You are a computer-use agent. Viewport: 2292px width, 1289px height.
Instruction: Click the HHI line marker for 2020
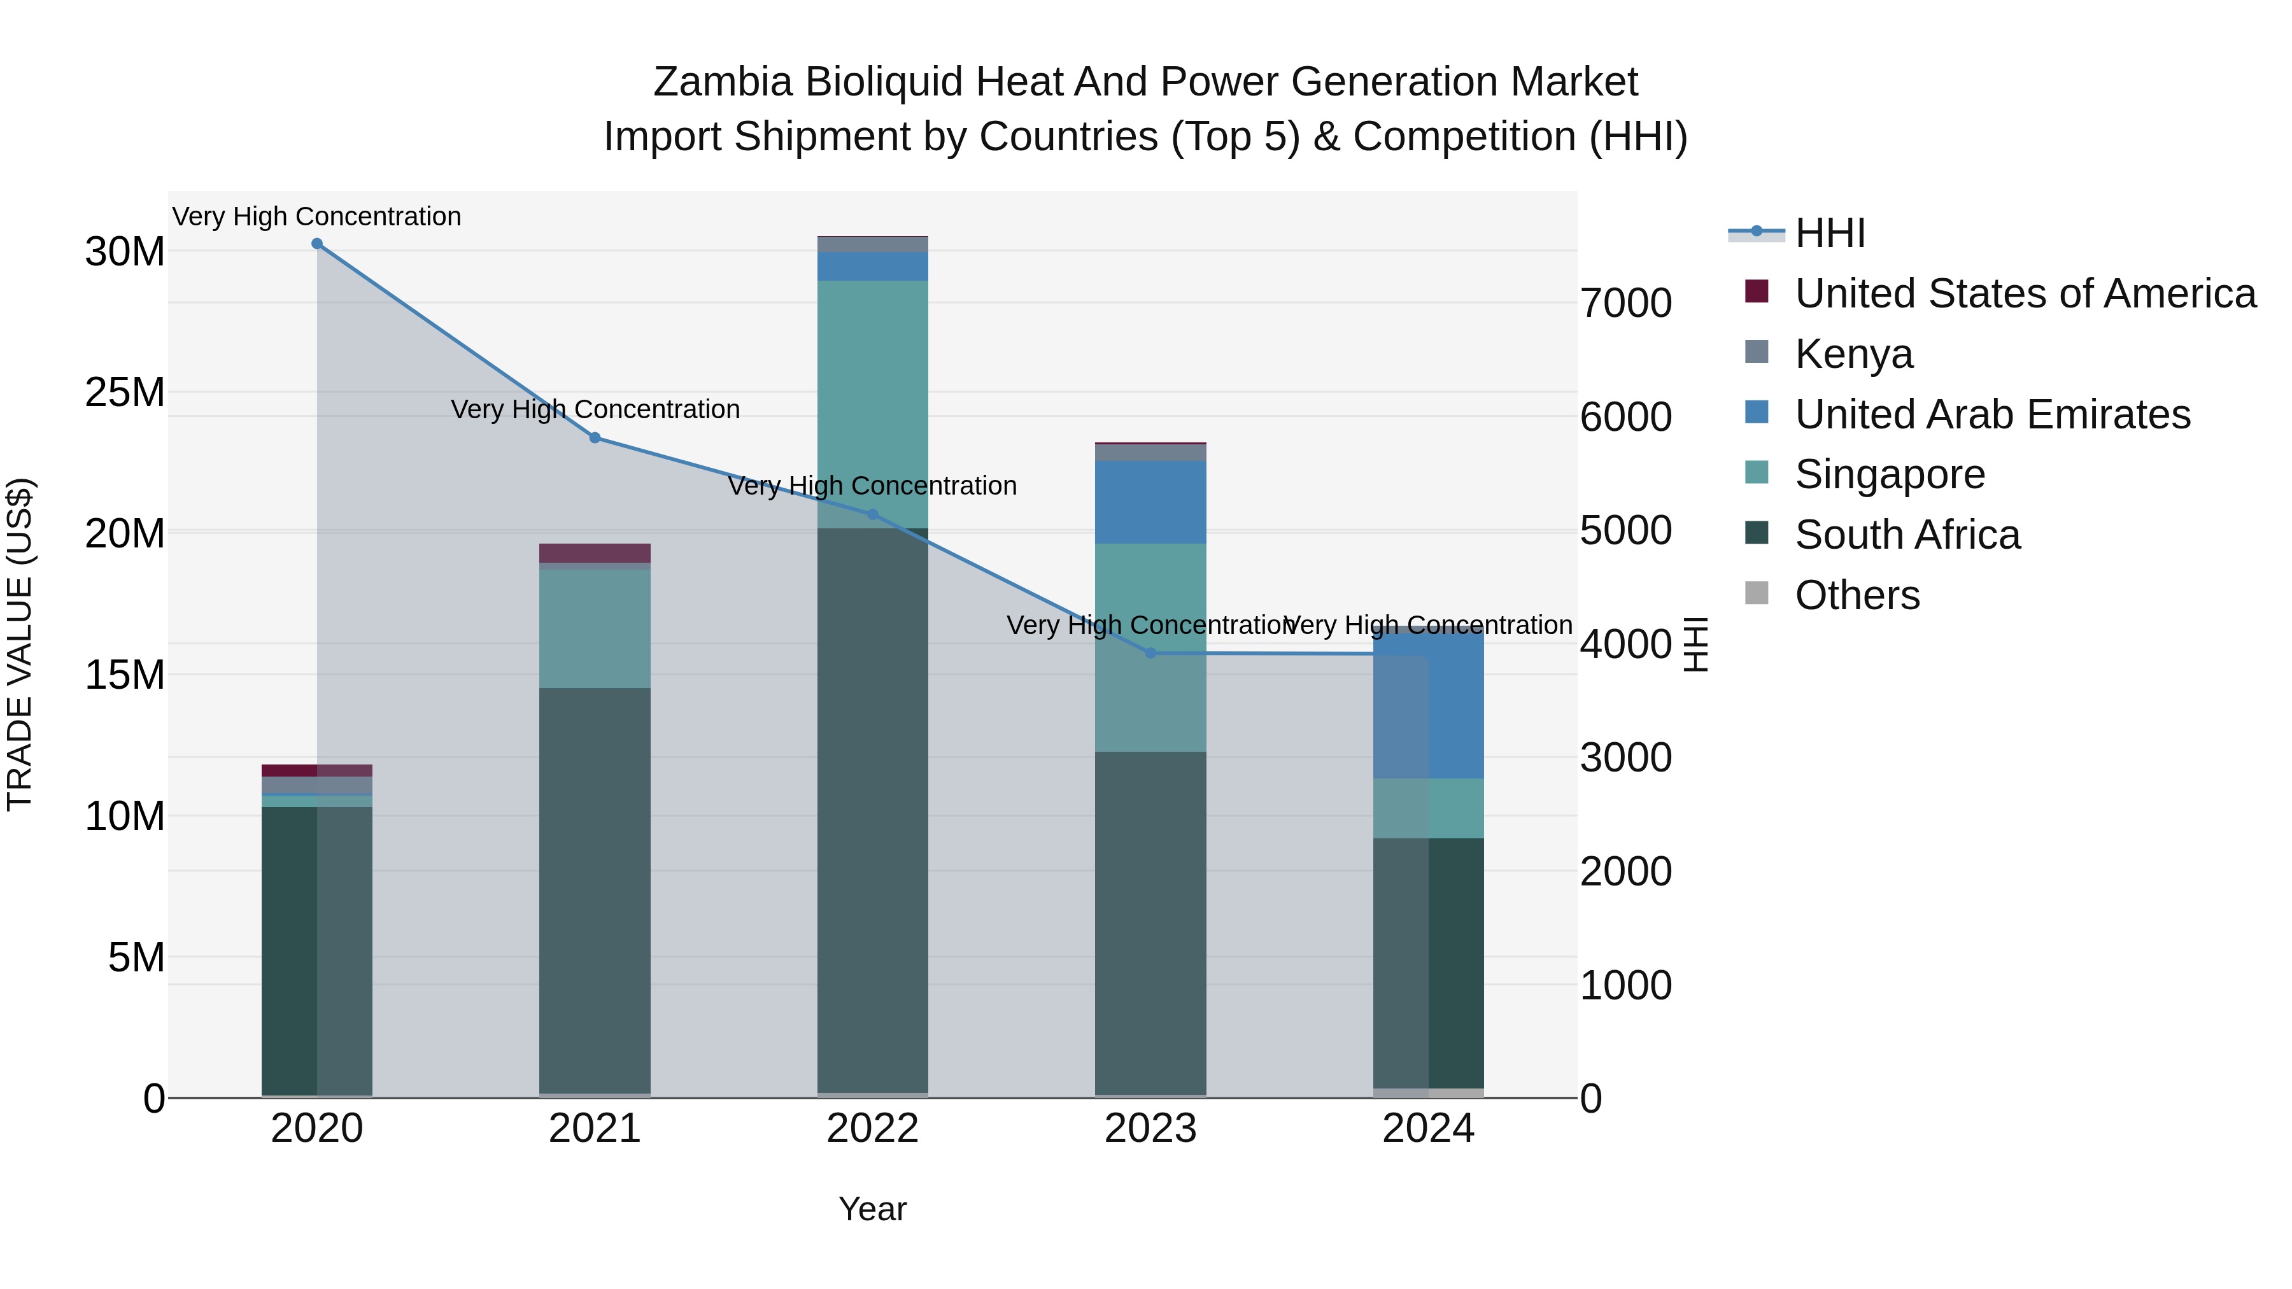pos(317,244)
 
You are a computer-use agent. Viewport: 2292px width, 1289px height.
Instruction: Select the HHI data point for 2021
pos(595,438)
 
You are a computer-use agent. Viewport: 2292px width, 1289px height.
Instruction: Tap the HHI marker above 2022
pos(873,514)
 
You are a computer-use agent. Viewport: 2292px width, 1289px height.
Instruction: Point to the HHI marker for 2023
pos(1150,653)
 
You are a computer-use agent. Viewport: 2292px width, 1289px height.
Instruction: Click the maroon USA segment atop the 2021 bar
pos(595,553)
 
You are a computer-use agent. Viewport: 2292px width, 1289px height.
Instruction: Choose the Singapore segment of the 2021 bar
pos(595,628)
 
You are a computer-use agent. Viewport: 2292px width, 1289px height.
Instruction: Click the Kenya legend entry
pos(1853,354)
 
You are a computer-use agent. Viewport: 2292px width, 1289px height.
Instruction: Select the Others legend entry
pos(1857,595)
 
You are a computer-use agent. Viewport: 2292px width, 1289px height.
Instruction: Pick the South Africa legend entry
pos(1907,535)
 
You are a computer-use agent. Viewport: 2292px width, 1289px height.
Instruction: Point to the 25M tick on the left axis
pos(125,392)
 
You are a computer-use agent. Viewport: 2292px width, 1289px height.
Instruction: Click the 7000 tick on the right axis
pos(1625,304)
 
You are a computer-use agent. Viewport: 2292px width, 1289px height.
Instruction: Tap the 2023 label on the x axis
pos(1150,1129)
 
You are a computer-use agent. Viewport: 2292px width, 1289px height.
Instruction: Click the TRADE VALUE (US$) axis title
pos(20,644)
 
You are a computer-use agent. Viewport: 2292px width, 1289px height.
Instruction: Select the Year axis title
pos(872,1209)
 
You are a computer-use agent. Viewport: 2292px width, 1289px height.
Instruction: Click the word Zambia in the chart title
pos(723,82)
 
